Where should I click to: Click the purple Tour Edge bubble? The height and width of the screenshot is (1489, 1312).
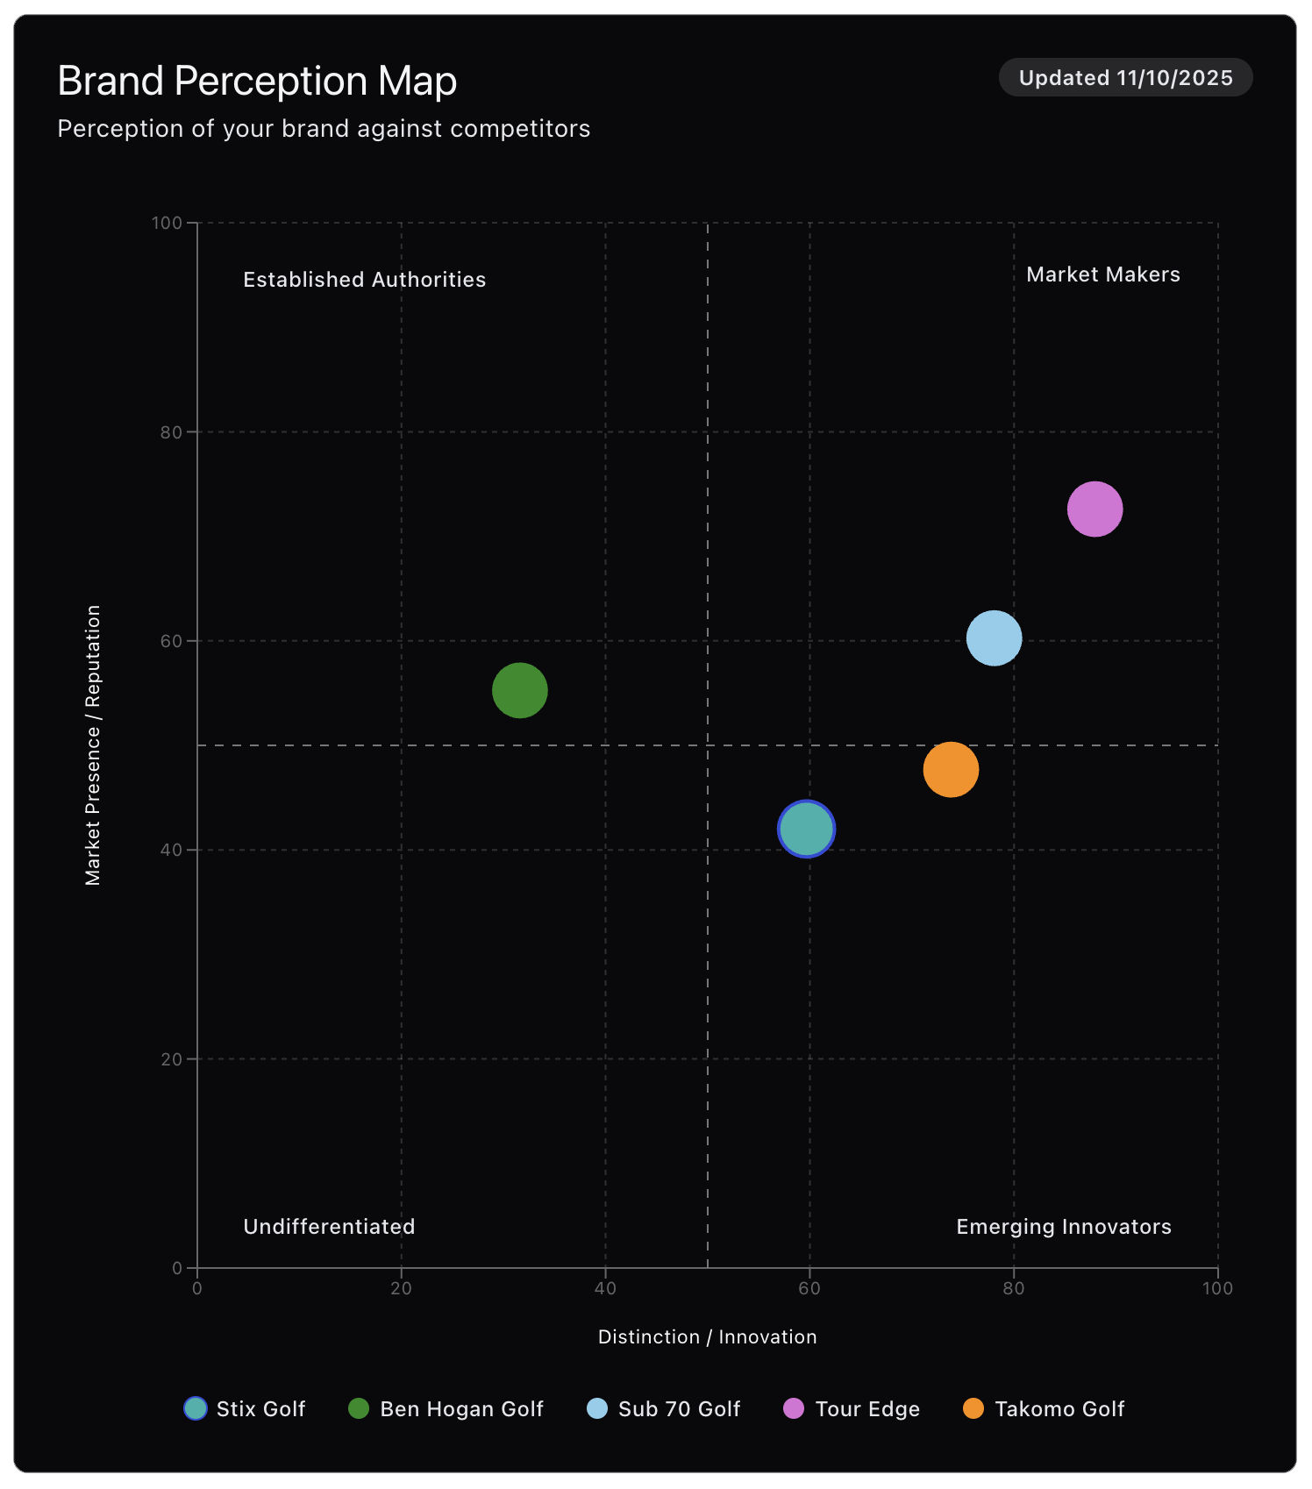1095,509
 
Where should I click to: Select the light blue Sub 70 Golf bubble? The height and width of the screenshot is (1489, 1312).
994,638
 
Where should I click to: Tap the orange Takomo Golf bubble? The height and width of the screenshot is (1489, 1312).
951,769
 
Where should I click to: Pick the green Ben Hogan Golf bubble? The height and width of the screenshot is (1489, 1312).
520,690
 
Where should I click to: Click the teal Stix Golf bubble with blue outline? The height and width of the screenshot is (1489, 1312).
806,829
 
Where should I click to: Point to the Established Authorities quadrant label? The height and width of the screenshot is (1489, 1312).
364,280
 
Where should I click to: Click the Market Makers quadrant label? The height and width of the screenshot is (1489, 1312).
1102,274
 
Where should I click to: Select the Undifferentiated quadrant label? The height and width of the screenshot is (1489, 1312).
329,1226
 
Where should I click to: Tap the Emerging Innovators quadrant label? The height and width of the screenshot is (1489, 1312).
1063,1226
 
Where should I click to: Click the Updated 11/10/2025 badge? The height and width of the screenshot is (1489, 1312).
1125,78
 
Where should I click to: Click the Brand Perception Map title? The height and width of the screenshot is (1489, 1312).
257,81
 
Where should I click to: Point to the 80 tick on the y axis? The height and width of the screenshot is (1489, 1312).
171,432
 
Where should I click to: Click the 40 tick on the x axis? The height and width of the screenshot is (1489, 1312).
605,1288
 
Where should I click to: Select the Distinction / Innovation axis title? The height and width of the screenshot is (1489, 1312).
707,1336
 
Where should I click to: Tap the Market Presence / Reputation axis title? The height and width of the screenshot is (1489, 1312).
93,744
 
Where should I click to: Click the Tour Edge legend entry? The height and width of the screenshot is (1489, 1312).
852,1408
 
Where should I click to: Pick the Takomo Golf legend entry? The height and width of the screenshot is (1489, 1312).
1044,1408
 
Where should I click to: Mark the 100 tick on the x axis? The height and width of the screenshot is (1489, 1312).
1216,1288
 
